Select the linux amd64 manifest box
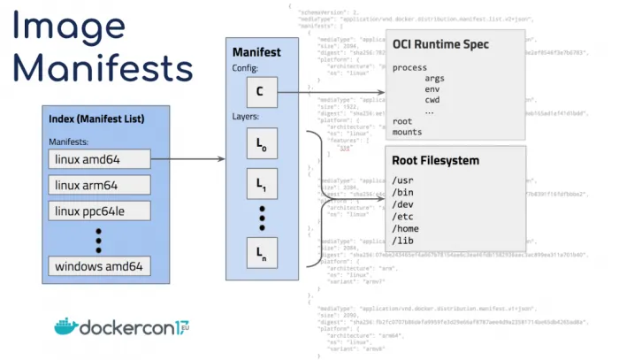[x=98, y=159]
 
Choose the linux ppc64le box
[x=98, y=212]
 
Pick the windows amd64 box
[x=98, y=266]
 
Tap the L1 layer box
[x=261, y=184]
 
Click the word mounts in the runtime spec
[x=407, y=132]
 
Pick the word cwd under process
[x=433, y=100]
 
